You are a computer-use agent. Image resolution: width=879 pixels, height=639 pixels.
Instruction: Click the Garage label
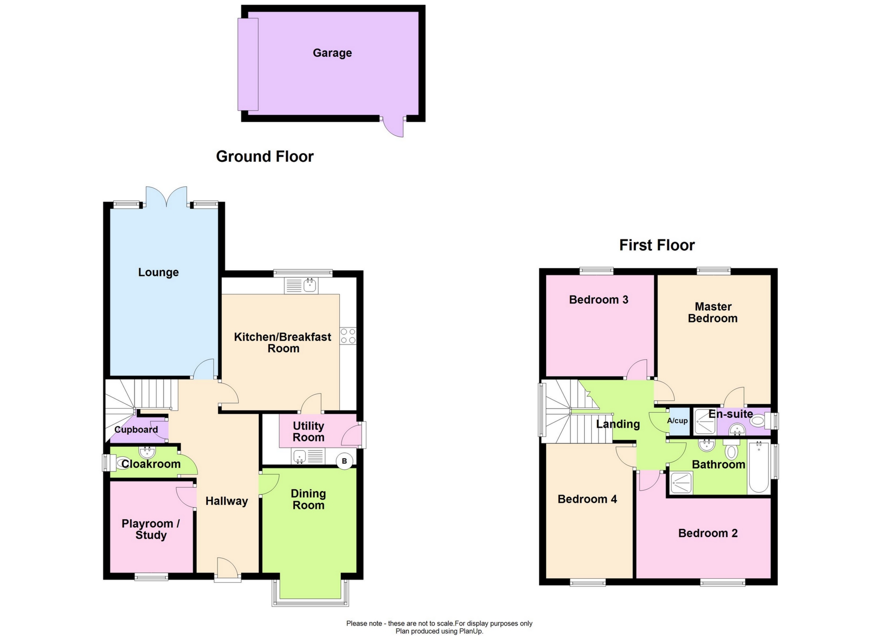tap(332, 53)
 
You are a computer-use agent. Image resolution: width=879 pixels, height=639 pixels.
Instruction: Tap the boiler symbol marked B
tap(344, 461)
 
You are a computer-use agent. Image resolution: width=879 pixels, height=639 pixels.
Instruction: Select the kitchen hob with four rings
tap(348, 336)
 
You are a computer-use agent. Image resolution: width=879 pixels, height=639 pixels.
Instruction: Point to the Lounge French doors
tap(166, 197)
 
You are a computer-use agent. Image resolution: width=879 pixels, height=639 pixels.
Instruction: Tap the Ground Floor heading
tap(264, 156)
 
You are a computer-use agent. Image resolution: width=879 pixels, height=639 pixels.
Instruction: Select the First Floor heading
tap(656, 245)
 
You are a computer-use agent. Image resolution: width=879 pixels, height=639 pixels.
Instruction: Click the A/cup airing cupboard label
tap(677, 420)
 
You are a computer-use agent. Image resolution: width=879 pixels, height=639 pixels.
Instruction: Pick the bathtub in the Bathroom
tap(758, 467)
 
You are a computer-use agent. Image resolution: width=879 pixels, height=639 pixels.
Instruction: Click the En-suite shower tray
tap(705, 422)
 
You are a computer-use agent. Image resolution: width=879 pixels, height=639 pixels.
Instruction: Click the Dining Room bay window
tap(310, 602)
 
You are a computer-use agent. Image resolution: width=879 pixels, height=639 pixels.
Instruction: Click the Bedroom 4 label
tap(587, 499)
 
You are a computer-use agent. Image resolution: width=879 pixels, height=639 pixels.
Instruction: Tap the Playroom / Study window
tap(151, 577)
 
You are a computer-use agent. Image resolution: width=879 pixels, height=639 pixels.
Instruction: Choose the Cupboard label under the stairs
tap(136, 429)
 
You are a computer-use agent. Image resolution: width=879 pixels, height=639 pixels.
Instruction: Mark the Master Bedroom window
tap(713, 271)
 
